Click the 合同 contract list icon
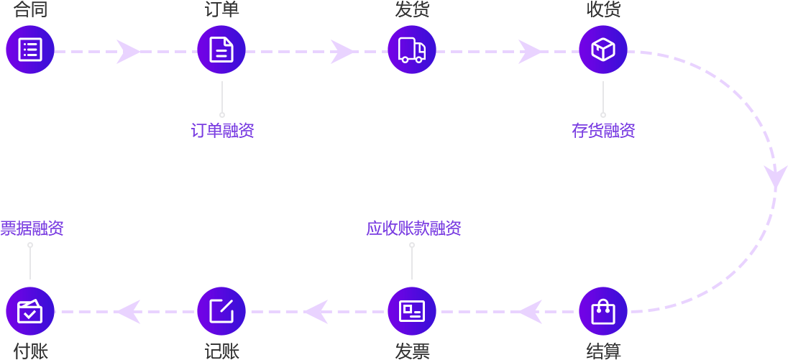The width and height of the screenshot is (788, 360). pos(30,50)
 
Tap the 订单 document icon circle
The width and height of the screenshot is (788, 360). pos(221,50)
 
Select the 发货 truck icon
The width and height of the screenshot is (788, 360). pos(412,50)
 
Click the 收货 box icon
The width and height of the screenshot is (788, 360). pos(603,50)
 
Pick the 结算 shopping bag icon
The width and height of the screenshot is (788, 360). pos(603,311)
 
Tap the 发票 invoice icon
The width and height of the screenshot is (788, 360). pos(412,311)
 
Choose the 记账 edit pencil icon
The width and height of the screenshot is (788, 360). pos(221,311)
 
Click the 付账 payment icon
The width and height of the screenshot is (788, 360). pos(30,311)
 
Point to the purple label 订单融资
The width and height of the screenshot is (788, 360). pos(222,131)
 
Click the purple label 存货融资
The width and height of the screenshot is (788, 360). pos(603,131)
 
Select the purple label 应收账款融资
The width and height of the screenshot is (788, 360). pos(413,229)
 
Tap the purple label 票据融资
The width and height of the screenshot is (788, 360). pos(32,229)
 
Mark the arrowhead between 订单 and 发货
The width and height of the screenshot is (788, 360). pos(342,52)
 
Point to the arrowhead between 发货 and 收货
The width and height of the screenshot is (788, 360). pos(530,52)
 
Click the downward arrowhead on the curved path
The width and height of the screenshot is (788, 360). pos(775,177)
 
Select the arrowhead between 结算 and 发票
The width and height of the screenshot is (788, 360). pos(531,312)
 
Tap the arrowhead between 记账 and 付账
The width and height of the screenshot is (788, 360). pos(129,312)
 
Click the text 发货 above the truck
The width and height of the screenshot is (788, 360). pos(412,9)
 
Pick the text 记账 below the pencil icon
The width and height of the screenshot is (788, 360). pos(221,351)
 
